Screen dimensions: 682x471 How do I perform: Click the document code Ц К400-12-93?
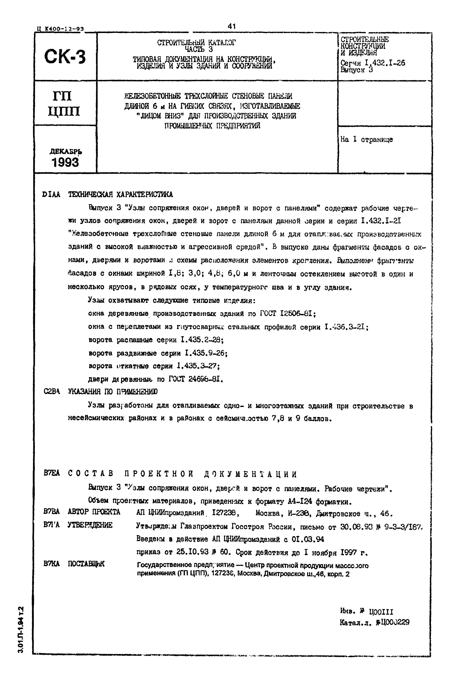click(60, 29)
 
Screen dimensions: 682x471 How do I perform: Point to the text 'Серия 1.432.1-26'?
click(372, 63)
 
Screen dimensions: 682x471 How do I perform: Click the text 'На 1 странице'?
click(367, 140)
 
